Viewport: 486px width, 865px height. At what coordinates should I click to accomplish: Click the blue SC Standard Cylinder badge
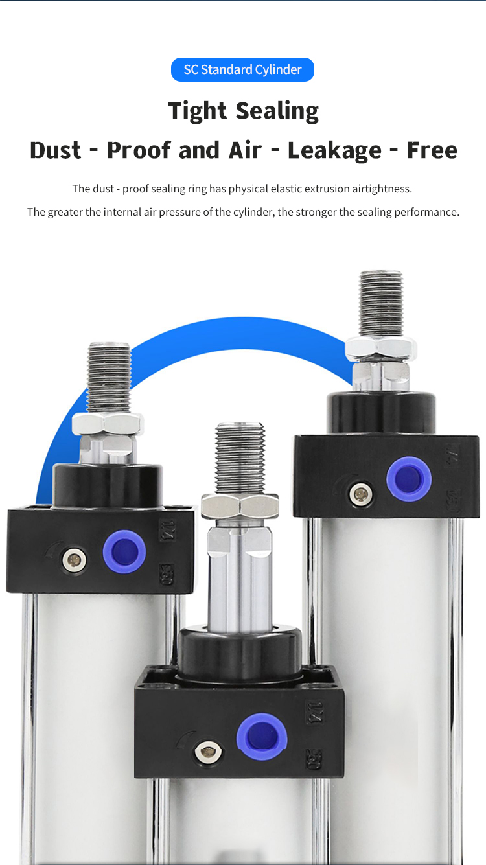[x=242, y=69]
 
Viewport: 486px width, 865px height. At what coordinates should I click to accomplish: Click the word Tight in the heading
[x=197, y=111]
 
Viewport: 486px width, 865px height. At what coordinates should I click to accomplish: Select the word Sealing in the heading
[x=277, y=111]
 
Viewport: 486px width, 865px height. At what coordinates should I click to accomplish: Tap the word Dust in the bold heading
[x=55, y=150]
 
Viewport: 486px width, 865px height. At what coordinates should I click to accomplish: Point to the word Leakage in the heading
[x=334, y=150]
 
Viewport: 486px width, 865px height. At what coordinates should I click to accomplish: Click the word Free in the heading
[x=432, y=150]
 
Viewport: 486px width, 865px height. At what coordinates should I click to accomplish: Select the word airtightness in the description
[x=382, y=189]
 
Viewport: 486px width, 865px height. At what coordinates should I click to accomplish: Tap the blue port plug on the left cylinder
[x=124, y=551]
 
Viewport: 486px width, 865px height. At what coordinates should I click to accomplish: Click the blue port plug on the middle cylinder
[x=262, y=737]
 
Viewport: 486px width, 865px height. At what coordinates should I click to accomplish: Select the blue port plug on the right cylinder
[x=409, y=479]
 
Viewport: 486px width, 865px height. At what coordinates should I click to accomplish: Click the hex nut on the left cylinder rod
[x=108, y=424]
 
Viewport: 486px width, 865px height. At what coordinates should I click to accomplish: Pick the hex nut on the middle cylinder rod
[x=240, y=506]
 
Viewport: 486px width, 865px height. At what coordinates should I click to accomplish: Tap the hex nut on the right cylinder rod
[x=381, y=349]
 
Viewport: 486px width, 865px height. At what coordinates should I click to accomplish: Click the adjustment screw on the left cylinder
[x=74, y=560]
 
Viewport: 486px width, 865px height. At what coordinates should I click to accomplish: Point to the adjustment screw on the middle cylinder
[x=208, y=752]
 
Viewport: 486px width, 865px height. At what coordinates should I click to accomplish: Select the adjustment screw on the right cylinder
[x=361, y=493]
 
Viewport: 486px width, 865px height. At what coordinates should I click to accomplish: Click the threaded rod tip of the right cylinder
[x=381, y=303]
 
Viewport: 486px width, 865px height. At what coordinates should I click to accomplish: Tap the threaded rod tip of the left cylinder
[x=109, y=378]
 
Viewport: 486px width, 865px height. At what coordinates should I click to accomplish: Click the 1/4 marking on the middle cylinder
[x=314, y=711]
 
